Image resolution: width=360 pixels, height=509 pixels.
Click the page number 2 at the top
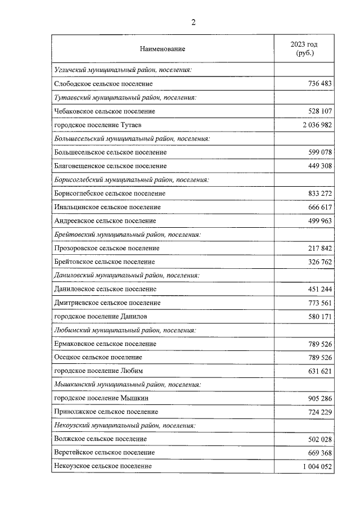tap(193, 22)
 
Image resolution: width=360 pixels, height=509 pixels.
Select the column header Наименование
tap(162, 49)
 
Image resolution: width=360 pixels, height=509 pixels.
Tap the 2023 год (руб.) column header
tap(304, 48)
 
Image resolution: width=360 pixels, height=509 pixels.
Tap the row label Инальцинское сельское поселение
tap(107, 207)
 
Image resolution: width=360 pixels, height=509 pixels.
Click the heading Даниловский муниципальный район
tap(127, 276)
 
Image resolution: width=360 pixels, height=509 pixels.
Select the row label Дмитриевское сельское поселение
tap(107, 303)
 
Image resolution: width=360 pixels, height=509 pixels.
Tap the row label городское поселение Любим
tap(98, 371)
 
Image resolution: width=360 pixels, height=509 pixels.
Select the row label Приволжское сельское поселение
tap(106, 412)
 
